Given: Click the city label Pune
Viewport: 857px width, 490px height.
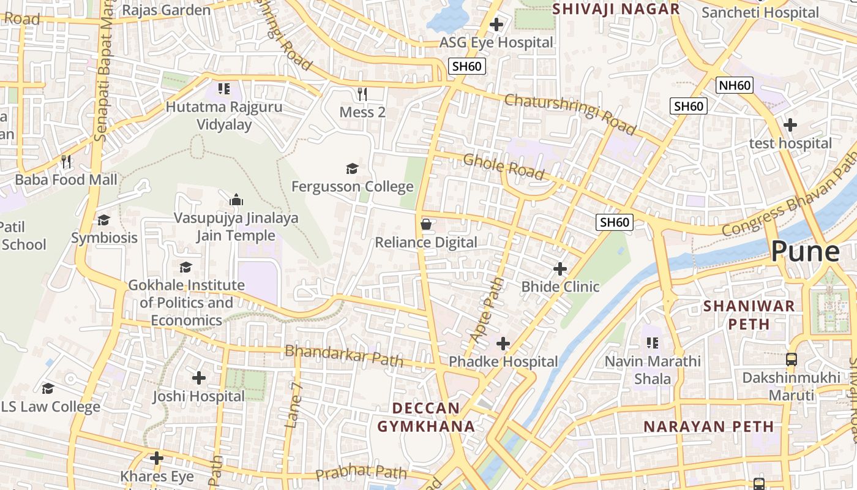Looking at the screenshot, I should tap(804, 251).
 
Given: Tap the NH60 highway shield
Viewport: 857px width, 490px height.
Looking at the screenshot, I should tap(735, 85).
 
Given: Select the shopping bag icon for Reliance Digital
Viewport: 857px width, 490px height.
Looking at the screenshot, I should tap(426, 224).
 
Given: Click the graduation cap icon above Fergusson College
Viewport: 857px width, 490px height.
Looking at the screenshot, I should tap(352, 168).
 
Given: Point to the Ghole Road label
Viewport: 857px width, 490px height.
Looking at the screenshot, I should tap(503, 167).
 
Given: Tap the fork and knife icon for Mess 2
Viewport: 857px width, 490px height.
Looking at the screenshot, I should tap(362, 94).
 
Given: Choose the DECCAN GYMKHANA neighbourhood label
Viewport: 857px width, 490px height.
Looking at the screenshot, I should tap(425, 417).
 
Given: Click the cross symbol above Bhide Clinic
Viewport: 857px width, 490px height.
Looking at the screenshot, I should tap(559, 269).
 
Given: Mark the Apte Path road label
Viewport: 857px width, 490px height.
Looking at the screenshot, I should tap(488, 309).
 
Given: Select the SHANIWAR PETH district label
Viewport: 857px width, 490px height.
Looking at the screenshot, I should tap(749, 314).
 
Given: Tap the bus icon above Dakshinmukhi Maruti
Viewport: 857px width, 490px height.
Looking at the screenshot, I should tap(792, 360).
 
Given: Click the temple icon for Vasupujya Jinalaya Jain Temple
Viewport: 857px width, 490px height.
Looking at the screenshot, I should tap(236, 200).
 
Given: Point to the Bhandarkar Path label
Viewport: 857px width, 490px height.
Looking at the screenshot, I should tap(344, 355).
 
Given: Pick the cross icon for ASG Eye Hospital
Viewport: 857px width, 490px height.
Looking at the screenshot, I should tap(496, 24).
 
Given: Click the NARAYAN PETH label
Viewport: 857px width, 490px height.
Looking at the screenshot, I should tap(708, 426).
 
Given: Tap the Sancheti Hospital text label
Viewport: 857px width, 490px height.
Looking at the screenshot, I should tap(760, 12).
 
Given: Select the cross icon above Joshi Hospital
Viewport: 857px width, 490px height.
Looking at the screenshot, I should tap(198, 378).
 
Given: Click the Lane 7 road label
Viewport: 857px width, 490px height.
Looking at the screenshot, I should tap(294, 405).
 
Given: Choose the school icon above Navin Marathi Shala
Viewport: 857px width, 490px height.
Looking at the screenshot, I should tap(652, 342).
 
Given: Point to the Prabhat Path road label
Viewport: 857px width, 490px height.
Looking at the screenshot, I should tap(361, 472).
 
